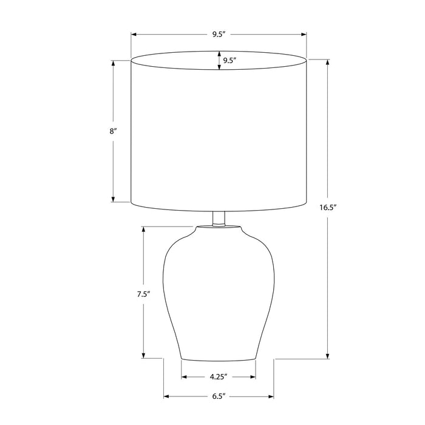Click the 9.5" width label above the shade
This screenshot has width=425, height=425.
point(219,35)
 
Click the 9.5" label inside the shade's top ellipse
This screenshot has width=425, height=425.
point(230,61)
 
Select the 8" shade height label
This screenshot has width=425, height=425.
point(113,132)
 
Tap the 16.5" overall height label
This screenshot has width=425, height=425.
point(328,208)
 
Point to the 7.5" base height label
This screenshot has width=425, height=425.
point(143,294)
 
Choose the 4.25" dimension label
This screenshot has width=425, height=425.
point(218,377)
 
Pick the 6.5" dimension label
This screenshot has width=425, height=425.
point(219,396)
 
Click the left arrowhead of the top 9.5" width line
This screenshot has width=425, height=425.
point(134,35)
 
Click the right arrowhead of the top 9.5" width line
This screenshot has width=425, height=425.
point(304,35)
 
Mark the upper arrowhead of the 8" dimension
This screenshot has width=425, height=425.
point(113,63)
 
